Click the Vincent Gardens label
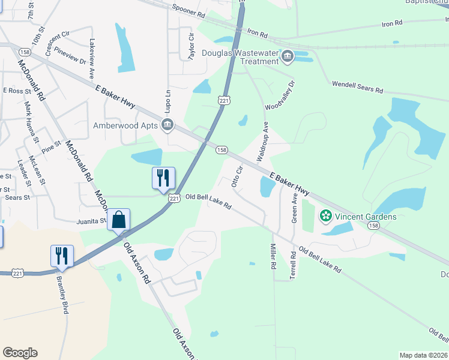coord(366,216)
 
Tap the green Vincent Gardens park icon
coord(326,215)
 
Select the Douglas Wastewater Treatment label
coord(243,58)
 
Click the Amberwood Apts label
coord(125,125)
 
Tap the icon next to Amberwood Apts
coord(167,125)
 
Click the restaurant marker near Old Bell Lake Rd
coord(163,178)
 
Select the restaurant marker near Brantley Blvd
coord(62,256)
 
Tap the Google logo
coord(20,353)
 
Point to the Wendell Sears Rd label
coord(358,86)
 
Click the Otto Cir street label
coord(237,176)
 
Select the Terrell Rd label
coord(294,263)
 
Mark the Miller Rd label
coord(273,256)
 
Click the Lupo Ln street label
coord(168,102)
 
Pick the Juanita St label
coord(91,220)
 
